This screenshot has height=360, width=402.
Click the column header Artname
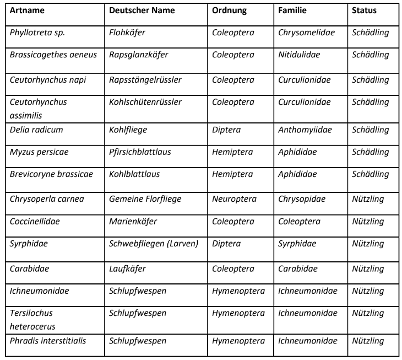[28, 11]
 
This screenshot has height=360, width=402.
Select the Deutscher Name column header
[142, 11]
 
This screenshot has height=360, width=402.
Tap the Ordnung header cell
[230, 11]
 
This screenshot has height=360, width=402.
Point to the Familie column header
[293, 11]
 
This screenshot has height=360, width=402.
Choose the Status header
[365, 11]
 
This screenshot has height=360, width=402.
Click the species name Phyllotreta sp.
[37, 33]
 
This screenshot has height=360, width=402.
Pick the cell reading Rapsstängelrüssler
[145, 79]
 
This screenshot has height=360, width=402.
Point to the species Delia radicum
[36, 130]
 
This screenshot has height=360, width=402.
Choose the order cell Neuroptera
[233, 199]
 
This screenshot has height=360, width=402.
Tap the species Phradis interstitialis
[48, 341]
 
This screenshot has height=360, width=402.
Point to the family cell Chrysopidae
[302, 199]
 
